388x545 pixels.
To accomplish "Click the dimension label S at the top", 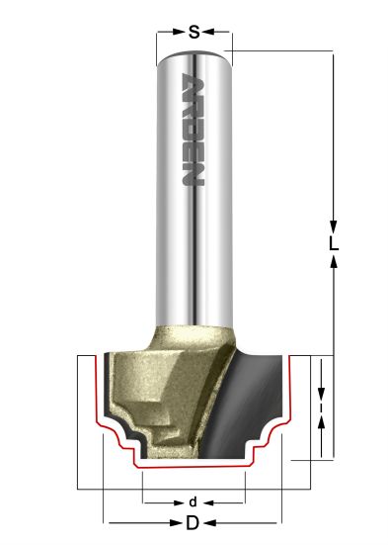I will pyautogui.click(x=194, y=32).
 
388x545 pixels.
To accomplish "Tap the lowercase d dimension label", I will pyautogui.click(x=194, y=500).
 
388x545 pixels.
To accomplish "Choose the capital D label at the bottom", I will pyautogui.click(x=194, y=521).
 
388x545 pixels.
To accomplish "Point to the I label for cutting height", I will pyautogui.click(x=322, y=405).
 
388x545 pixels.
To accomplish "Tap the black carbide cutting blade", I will pyautogui.click(x=247, y=406).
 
